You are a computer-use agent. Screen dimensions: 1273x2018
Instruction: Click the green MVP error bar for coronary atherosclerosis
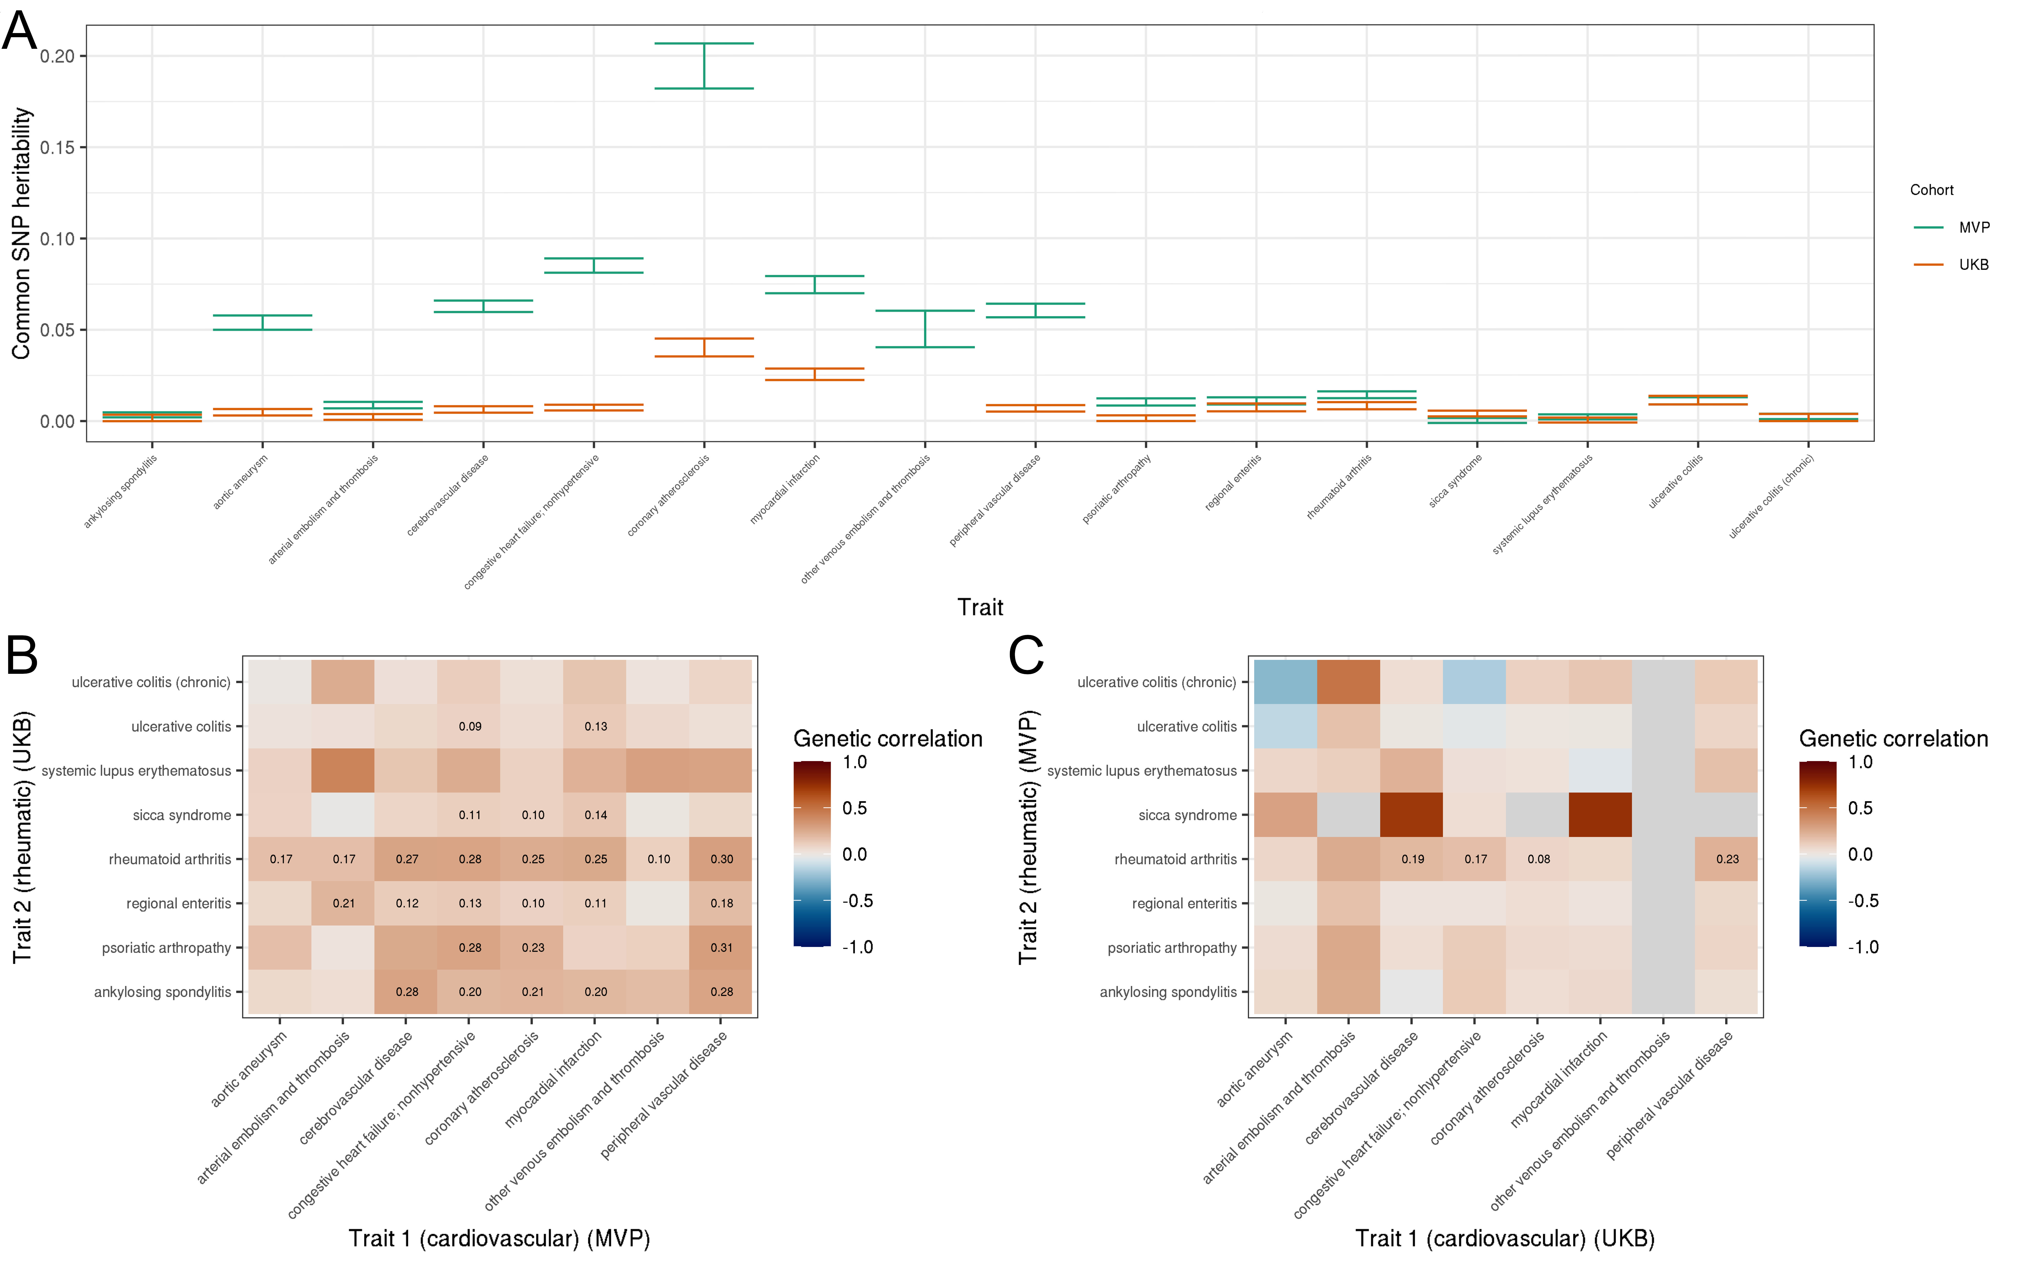[x=704, y=65]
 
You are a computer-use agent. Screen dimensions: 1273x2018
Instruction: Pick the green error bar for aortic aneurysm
[x=262, y=323]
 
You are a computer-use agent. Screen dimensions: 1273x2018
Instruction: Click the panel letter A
[x=20, y=32]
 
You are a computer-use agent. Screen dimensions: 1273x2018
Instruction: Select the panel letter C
[x=1026, y=655]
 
